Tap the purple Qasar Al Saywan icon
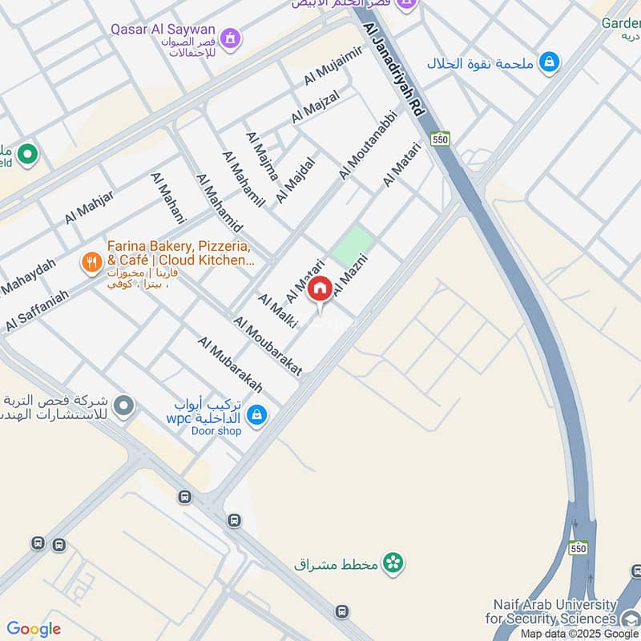[x=231, y=38]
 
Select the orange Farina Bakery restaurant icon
[x=91, y=261]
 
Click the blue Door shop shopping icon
[x=257, y=414]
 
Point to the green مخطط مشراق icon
[x=393, y=563]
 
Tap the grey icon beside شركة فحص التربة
[x=123, y=406]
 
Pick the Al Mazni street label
[x=350, y=275]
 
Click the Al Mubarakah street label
[x=230, y=364]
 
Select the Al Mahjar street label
[x=90, y=207]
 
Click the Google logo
[x=34, y=629]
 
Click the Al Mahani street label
[x=168, y=197]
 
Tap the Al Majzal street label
[x=316, y=107]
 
